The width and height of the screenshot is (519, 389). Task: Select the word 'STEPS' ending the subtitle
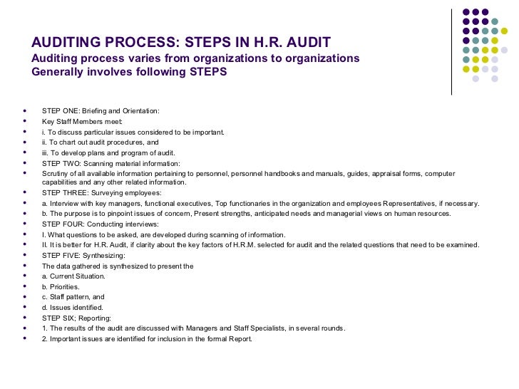[x=205, y=72]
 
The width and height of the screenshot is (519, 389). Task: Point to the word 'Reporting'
[x=94, y=318]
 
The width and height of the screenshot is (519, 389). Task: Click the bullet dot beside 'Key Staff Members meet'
[x=25, y=121]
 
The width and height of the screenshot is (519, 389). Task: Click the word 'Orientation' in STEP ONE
[x=139, y=111]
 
